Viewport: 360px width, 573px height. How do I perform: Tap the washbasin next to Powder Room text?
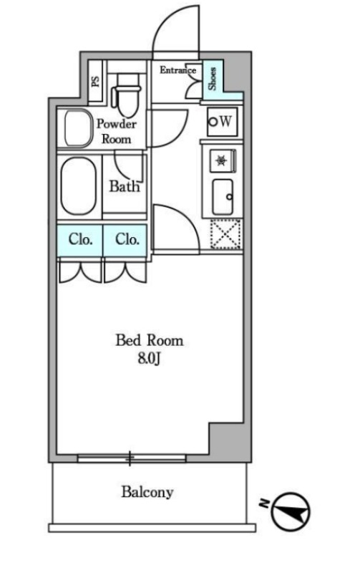77,128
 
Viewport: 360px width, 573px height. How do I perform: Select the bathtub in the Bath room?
79,186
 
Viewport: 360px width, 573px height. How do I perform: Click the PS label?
96,80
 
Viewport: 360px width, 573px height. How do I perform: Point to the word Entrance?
177,69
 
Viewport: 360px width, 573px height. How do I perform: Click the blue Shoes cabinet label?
212,79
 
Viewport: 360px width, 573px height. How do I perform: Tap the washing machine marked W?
222,121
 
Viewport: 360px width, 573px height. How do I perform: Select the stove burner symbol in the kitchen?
221,160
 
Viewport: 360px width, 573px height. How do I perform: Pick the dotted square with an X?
225,234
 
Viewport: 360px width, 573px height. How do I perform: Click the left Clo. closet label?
80,239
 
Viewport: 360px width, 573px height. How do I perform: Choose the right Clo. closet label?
127,239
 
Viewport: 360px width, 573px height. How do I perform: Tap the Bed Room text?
150,340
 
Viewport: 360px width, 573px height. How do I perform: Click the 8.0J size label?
150,359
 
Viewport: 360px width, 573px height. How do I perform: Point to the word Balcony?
147,492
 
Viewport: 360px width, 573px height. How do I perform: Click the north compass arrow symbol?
291,511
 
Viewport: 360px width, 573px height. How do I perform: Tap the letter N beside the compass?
263,504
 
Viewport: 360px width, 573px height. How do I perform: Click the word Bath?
125,186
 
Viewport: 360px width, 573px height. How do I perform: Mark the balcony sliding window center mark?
130,458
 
